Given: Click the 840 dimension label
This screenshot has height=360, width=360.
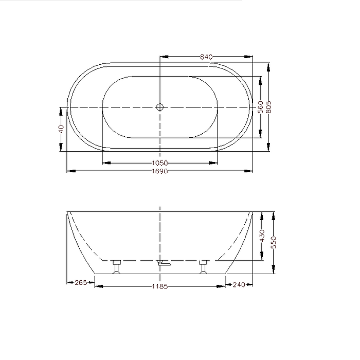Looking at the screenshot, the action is click(206, 57).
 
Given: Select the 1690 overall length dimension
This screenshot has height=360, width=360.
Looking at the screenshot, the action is click(160, 171).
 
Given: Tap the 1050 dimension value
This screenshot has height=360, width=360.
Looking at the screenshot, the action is click(160, 163).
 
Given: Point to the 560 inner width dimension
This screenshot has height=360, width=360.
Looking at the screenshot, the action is click(260, 107).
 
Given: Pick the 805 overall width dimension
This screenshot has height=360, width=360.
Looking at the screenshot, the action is click(268, 107).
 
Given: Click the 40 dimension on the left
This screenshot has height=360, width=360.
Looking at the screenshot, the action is click(61, 129).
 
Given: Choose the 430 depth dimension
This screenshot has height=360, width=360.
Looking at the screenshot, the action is click(262, 236).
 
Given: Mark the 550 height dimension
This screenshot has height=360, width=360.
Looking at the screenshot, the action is click(274, 242).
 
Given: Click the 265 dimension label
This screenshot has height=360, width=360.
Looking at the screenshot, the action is click(81, 283).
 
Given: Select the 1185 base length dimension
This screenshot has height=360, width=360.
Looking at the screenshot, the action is click(160, 286).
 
